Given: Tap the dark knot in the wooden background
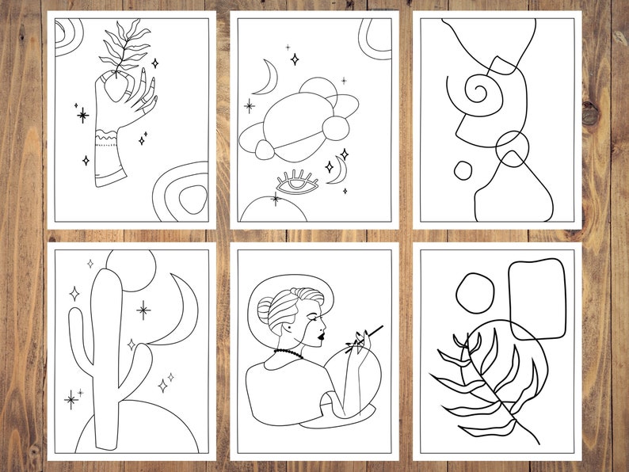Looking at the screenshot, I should [x=592, y=113].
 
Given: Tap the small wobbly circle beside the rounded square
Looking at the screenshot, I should [x=476, y=292].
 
